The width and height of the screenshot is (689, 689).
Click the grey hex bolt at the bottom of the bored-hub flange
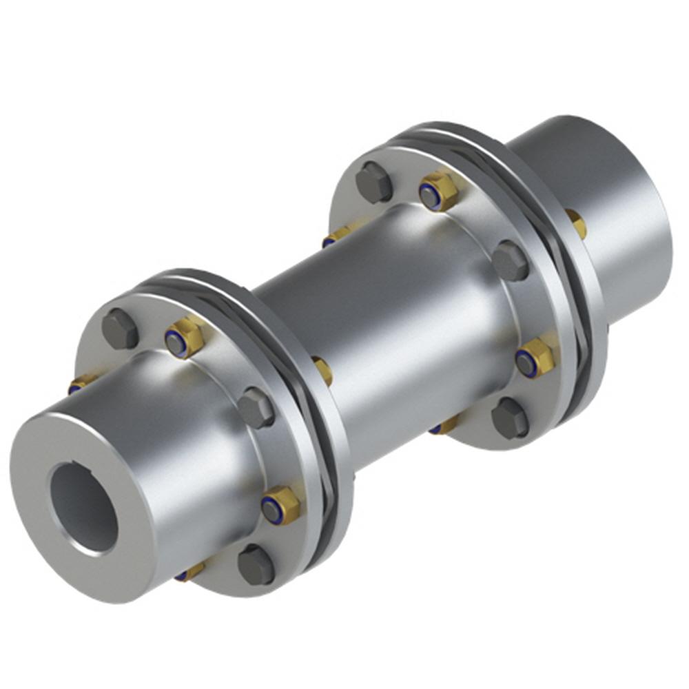256,565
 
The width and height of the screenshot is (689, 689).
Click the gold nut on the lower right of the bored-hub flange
280,506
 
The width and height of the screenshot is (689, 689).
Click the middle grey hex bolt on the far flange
510,260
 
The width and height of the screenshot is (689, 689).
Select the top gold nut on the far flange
438,192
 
